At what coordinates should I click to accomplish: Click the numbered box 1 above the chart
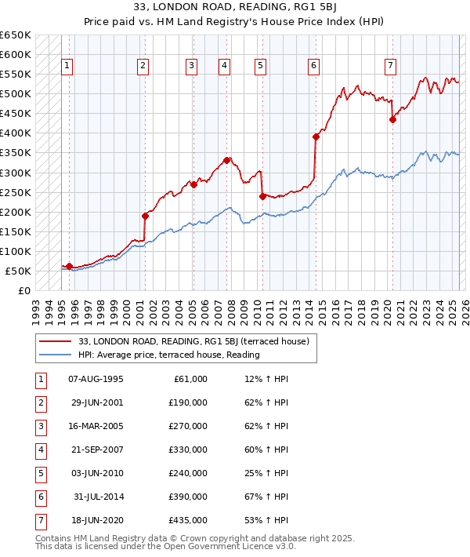coord(67,66)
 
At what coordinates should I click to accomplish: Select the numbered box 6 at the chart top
coord(313,66)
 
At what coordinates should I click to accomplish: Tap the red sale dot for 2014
coord(316,137)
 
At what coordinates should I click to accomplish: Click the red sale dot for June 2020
coord(393,119)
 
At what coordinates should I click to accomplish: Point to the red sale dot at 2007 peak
coord(226,160)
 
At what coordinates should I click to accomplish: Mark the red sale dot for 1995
coord(69,267)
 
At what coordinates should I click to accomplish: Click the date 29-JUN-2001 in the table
coord(96,402)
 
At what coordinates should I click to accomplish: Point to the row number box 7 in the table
coord(39,520)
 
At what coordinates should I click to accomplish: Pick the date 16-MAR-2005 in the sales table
coord(96,426)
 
